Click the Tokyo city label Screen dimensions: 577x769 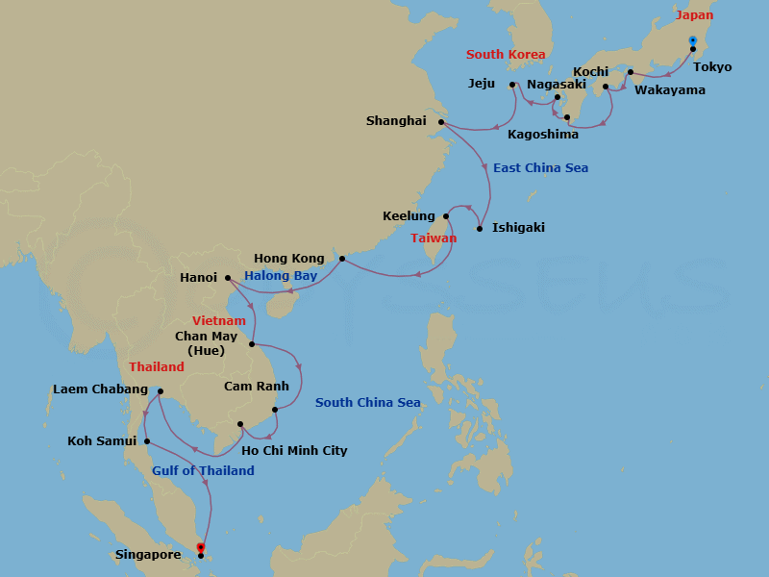712,67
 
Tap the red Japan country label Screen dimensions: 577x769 694,16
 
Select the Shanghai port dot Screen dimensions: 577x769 441,122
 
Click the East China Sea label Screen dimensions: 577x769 540,168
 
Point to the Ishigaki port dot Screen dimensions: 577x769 480,229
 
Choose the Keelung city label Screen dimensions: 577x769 409,216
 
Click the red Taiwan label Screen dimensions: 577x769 434,238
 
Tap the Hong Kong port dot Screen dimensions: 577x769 341,259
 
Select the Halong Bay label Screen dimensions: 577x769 281,276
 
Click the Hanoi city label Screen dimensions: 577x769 198,278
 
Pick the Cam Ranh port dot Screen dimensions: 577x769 275,410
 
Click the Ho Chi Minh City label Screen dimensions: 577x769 295,450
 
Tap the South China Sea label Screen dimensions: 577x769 368,402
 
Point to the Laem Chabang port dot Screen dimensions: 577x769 160,390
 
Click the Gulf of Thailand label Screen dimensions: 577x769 203,470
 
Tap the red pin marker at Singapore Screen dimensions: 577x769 200,547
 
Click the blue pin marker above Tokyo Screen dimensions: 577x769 692,39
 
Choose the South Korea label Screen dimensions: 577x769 506,55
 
